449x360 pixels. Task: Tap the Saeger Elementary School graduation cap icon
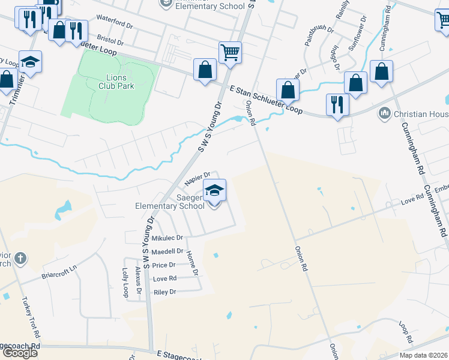click(214, 190)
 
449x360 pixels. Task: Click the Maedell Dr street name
click(167, 251)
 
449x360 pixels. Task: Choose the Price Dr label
click(164, 265)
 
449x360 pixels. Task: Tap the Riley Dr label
click(164, 292)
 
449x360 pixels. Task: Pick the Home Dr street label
click(192, 263)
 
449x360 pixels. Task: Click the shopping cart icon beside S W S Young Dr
click(230, 52)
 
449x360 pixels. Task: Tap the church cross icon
click(20, 259)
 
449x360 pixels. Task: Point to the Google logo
click(20, 352)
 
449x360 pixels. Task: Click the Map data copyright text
click(422, 355)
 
